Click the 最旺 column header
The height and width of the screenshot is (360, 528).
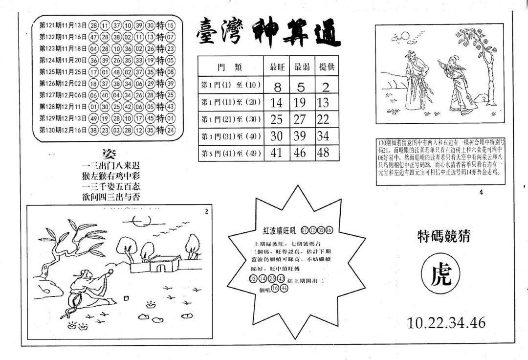[x=277, y=67]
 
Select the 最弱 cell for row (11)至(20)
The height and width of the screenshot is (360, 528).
[x=300, y=103]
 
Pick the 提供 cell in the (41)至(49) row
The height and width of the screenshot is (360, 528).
[x=323, y=153]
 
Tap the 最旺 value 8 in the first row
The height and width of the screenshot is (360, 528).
[x=277, y=87]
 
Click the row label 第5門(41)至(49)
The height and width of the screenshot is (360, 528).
[x=231, y=153]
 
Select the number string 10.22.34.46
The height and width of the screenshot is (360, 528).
[x=446, y=323]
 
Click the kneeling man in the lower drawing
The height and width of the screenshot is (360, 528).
[x=88, y=289]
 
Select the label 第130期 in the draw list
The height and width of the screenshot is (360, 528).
[x=49, y=130]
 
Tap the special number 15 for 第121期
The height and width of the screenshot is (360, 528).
[x=170, y=25]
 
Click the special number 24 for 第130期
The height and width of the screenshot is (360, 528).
[x=170, y=130]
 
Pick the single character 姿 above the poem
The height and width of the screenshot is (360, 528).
[x=110, y=153]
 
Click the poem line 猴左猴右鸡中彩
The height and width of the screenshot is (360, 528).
[x=111, y=176]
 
